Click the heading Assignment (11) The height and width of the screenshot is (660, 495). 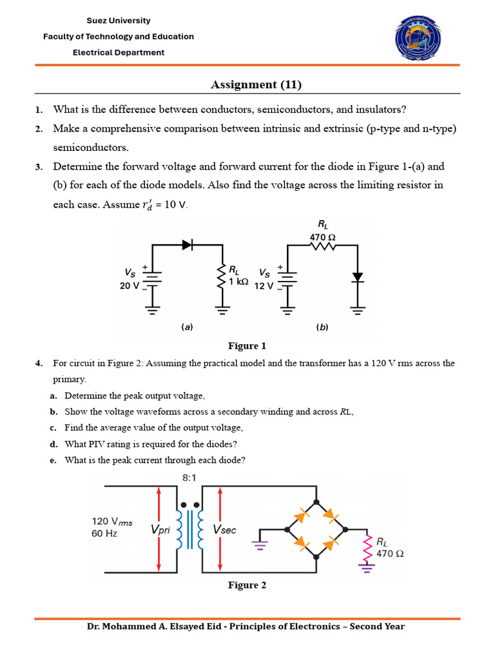click(x=256, y=84)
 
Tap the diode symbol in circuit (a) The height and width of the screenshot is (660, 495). click(x=188, y=244)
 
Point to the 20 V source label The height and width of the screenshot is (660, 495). click(x=129, y=286)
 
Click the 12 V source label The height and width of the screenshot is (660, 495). click(x=264, y=286)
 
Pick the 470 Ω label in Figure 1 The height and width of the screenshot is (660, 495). click(x=322, y=237)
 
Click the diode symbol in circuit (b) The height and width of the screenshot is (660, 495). click(x=358, y=277)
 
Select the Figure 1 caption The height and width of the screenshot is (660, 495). click(x=247, y=345)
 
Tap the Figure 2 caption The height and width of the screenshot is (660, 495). click(x=247, y=585)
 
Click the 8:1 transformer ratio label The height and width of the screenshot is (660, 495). click(x=189, y=478)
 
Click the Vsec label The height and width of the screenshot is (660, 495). click(x=224, y=530)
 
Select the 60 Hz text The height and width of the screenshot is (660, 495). click(x=104, y=534)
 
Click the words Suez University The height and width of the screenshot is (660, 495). click(x=119, y=21)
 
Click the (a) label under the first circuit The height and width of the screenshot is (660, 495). click(x=187, y=327)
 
